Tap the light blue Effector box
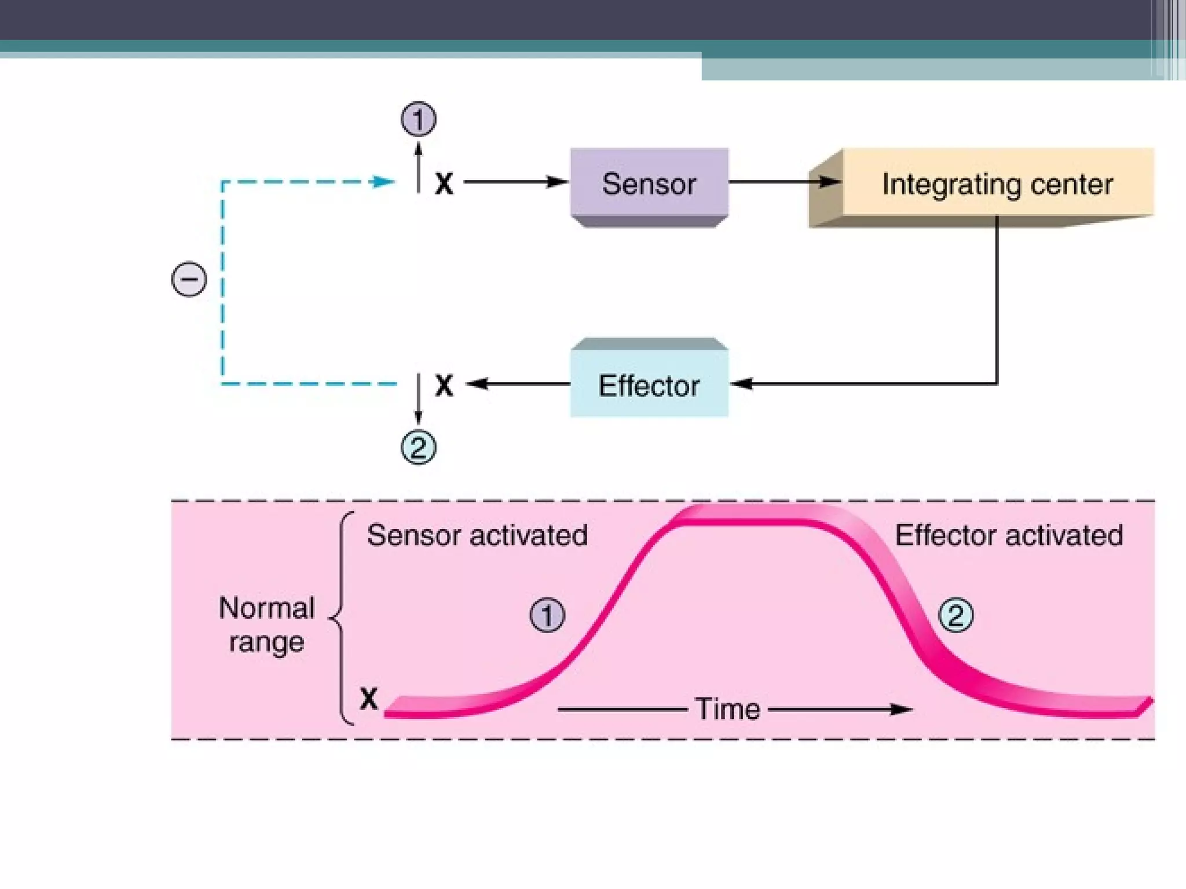(x=649, y=385)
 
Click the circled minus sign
(x=189, y=280)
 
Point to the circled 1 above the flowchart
(x=418, y=119)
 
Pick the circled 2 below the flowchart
(x=418, y=447)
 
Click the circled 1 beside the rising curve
(x=547, y=615)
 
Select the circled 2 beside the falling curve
(x=956, y=615)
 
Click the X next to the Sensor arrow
(x=444, y=184)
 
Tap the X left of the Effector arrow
(x=444, y=385)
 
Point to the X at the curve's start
(x=369, y=699)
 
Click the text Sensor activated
(x=477, y=535)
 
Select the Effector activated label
(x=1009, y=535)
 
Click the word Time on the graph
(x=727, y=709)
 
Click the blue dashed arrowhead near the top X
(x=383, y=182)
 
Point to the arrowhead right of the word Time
(x=902, y=709)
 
